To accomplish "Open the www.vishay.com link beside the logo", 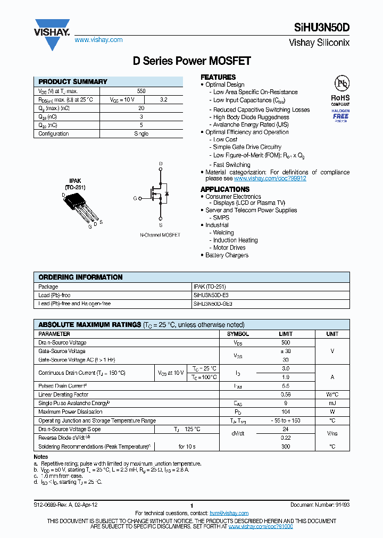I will point(98,40).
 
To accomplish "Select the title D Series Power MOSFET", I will point(191,61).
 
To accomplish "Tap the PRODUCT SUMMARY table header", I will point(73,82).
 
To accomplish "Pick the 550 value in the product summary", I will point(141,91).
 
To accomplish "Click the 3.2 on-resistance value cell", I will point(163,99).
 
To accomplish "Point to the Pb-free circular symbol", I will point(341,83).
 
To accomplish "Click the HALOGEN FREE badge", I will point(340,113).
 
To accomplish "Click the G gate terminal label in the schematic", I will point(135,198).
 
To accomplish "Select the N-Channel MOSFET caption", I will point(160,235).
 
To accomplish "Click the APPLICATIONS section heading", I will point(224,189).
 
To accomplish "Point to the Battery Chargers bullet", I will point(227,255).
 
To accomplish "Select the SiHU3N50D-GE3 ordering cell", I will point(213,304).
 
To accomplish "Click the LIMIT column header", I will point(286,334).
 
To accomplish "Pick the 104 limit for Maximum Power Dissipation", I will point(286,411).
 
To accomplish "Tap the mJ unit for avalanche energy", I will point(332,403).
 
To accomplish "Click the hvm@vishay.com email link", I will point(229,513).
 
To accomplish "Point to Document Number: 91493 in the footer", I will point(320,505).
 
